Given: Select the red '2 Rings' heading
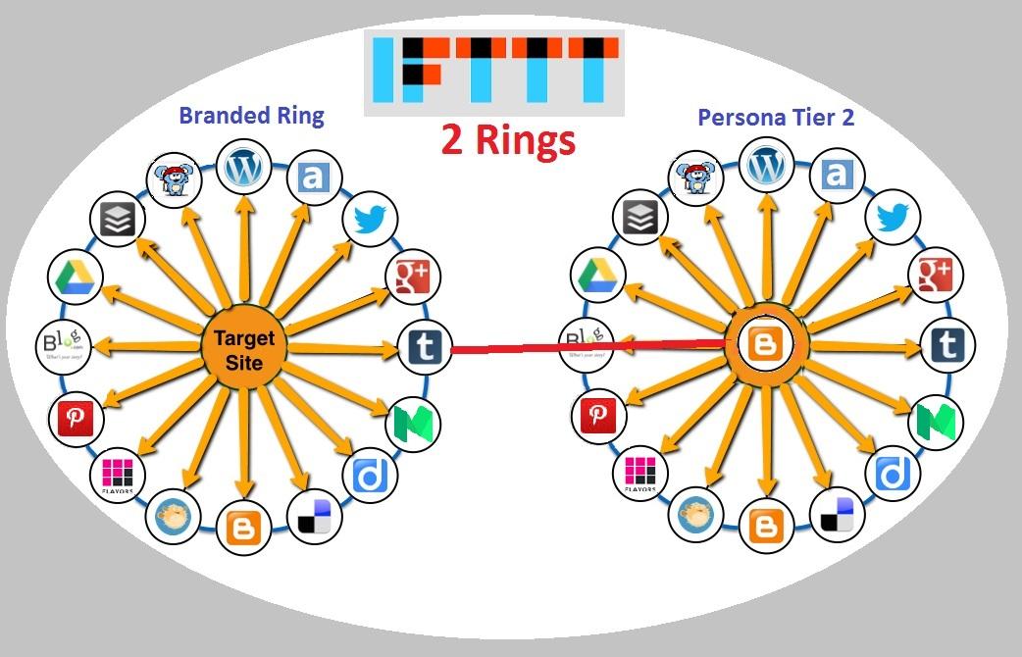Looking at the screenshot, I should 507,140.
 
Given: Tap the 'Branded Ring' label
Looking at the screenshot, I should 251,116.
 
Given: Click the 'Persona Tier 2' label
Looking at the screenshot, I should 775,118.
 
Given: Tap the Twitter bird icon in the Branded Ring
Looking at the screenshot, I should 371,221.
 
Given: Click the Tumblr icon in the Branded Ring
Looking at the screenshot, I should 424,347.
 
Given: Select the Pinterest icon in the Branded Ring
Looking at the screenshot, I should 75,419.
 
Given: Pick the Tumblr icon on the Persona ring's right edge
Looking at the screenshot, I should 947,346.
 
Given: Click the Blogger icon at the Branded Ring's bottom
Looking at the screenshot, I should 243,528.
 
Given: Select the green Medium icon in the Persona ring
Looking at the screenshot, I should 936,422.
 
